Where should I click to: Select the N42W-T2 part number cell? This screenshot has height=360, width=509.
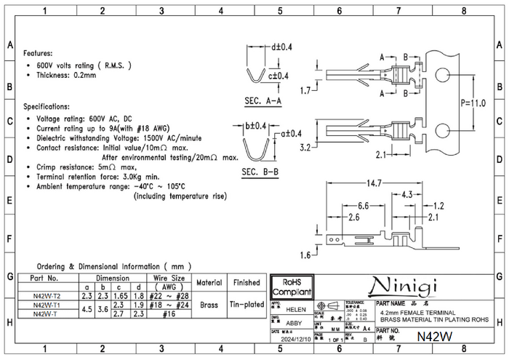[47, 295]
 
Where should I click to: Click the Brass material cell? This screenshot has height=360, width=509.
[209, 305]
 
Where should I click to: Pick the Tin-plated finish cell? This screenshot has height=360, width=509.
[247, 305]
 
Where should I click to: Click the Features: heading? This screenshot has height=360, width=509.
[38, 54]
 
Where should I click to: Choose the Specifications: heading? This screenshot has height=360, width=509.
[47, 106]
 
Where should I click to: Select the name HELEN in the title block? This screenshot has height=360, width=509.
[296, 309]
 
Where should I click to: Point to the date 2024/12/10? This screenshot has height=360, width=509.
[296, 339]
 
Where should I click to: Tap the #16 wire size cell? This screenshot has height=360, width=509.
[168, 313]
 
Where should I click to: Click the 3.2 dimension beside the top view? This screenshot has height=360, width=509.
[305, 146]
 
